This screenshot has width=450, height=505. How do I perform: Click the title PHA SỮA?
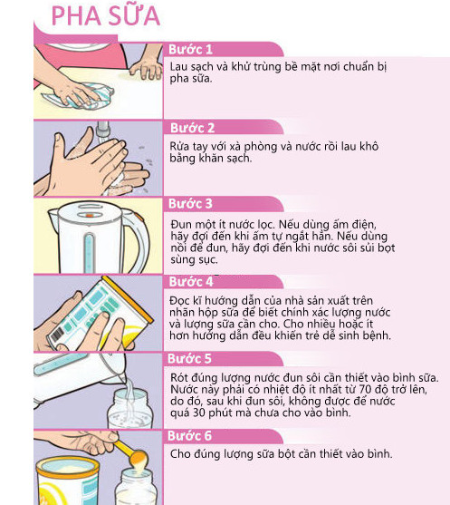tap(106, 16)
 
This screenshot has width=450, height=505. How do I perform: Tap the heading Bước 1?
tap(190, 49)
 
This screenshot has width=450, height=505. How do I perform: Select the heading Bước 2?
tap(192, 128)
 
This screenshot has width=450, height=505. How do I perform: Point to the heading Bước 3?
tap(190, 204)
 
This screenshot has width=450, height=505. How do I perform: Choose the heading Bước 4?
tap(191, 281)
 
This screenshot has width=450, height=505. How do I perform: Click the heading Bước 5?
tap(189, 358)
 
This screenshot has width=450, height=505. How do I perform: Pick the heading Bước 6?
tap(189, 436)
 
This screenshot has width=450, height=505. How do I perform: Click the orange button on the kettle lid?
tap(90, 215)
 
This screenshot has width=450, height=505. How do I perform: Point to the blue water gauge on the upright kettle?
tap(89, 253)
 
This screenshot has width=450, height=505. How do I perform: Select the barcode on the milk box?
tap(57, 335)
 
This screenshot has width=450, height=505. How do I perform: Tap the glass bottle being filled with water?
tap(130, 408)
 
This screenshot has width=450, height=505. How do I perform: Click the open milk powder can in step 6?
tap(68, 481)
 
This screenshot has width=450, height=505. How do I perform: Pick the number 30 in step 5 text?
tap(199, 413)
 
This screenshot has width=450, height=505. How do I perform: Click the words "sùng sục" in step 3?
tap(194, 260)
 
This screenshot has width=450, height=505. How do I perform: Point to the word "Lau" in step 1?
tap(177, 67)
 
